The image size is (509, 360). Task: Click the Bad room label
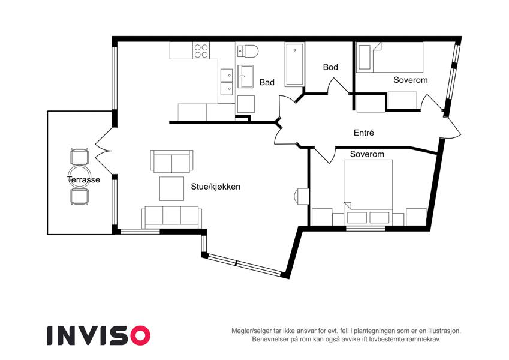click(x=267, y=83)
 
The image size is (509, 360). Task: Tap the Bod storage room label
click(x=330, y=67)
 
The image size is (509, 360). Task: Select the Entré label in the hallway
click(x=363, y=133)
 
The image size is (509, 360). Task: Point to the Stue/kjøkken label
click(x=216, y=187)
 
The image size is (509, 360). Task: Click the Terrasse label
click(x=83, y=179)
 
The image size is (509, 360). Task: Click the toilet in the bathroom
click(x=248, y=51)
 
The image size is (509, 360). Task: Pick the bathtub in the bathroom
click(x=294, y=64)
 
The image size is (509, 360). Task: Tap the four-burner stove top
click(x=201, y=50)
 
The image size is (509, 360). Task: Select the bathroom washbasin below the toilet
click(x=245, y=76)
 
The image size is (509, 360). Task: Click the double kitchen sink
click(x=227, y=82)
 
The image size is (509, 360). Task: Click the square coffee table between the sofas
click(x=171, y=188)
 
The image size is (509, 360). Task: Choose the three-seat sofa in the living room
click(x=171, y=217)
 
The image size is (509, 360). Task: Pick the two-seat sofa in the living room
click(x=171, y=161)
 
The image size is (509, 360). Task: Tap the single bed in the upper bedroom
click(x=390, y=57)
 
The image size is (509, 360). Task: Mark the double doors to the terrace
click(x=104, y=151)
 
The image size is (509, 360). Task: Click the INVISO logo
click(x=99, y=335)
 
